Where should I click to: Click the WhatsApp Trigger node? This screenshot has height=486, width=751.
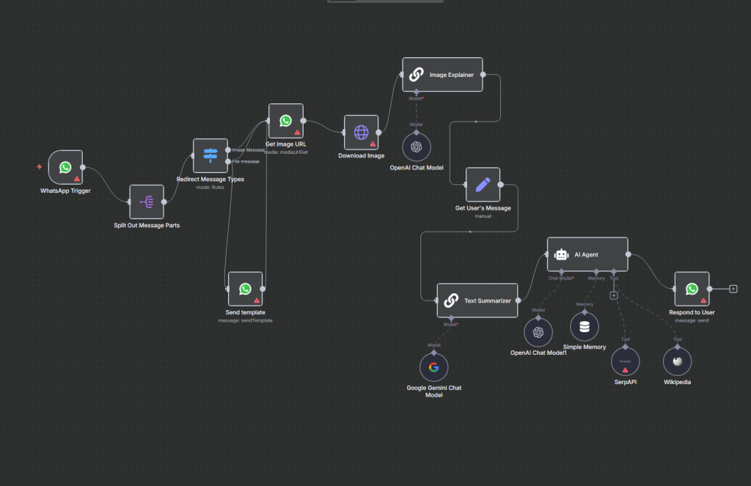[x=65, y=167]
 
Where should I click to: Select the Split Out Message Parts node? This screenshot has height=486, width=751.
[x=146, y=202]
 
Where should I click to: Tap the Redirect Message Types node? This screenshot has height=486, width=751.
[x=210, y=155]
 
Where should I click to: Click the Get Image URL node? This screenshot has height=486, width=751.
[x=285, y=121]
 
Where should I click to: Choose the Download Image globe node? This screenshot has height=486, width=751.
[x=361, y=132]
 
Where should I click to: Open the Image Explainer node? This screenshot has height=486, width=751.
[x=442, y=75]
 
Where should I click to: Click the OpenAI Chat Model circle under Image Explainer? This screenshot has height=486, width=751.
[x=416, y=147]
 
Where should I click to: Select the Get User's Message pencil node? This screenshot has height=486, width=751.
[x=483, y=185]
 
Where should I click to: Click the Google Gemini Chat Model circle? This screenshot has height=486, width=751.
[x=433, y=367]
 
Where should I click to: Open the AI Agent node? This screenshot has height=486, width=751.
[x=587, y=254]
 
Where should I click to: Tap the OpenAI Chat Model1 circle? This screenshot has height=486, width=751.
[x=538, y=332]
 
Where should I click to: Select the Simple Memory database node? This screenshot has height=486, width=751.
[x=585, y=326]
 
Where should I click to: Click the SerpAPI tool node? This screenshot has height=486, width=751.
[x=625, y=361]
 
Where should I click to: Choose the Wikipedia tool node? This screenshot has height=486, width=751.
[x=677, y=361]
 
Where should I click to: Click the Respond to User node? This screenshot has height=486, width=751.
[x=692, y=290]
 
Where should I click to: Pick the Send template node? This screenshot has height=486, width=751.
[x=245, y=290]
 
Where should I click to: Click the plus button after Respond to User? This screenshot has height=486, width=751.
[x=733, y=289]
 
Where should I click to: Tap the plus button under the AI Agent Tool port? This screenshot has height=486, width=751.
[x=614, y=295]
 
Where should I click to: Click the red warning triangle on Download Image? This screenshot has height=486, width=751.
[x=373, y=144]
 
